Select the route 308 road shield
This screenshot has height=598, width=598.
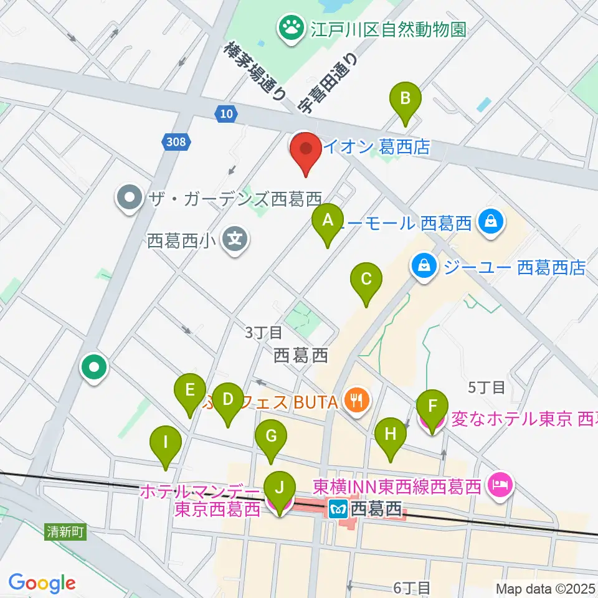point(176,143)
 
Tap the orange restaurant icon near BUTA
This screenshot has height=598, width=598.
point(357,399)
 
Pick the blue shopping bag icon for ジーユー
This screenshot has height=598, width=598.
point(424,267)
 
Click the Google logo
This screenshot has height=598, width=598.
point(42,583)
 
